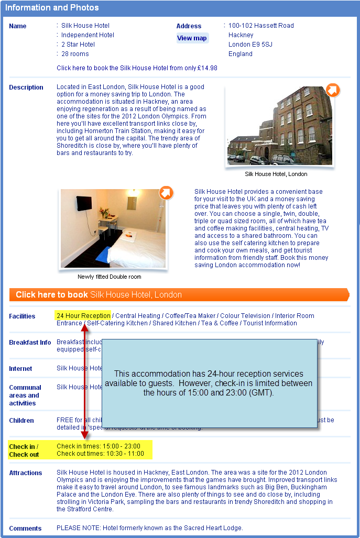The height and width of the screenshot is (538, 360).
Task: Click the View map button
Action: (x=192, y=38)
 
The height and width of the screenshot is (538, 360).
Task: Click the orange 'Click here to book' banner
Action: (x=178, y=294)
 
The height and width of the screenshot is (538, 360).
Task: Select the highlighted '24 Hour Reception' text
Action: (x=83, y=315)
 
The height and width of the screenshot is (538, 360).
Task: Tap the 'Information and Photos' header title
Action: (x=52, y=8)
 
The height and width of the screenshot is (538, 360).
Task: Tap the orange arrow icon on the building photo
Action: (x=333, y=90)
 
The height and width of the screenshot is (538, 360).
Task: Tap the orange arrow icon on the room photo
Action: (x=166, y=193)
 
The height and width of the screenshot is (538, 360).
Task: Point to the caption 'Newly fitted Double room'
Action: (x=110, y=277)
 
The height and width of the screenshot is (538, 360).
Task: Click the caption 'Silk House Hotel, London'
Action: (x=276, y=174)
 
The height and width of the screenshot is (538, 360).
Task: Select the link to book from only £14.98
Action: (x=137, y=68)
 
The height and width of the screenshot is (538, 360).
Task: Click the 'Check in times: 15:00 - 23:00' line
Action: (x=99, y=446)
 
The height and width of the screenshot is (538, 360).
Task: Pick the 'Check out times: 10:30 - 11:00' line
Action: (x=100, y=454)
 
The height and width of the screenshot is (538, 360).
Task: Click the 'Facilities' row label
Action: (x=22, y=316)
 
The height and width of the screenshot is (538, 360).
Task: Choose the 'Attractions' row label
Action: (x=25, y=473)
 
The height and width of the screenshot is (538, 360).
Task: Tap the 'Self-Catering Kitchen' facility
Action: (x=117, y=323)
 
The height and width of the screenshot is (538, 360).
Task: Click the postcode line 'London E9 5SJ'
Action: (x=250, y=45)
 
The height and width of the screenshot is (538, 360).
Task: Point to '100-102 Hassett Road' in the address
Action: (x=261, y=26)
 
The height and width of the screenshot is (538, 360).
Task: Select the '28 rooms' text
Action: (x=75, y=54)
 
